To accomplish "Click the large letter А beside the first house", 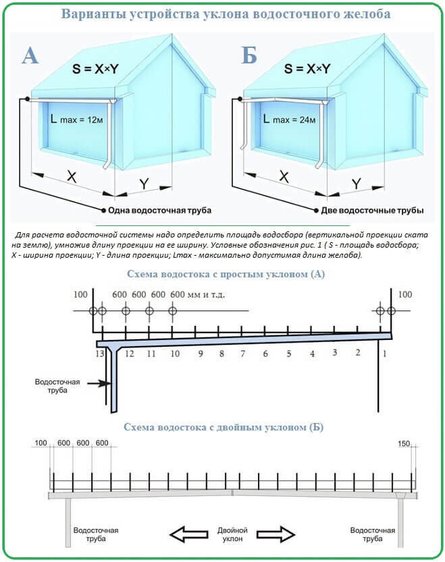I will pyautogui.click(x=30, y=55).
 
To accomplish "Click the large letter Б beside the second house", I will pyautogui.click(x=249, y=55).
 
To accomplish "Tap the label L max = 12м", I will pyautogui.click(x=74, y=119).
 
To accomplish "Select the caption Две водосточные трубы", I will pyautogui.click(x=372, y=210).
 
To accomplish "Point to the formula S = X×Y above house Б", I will pyautogui.click(x=307, y=69).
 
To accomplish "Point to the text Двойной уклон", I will pyautogui.click(x=233, y=535).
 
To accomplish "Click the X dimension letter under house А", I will pyautogui.click(x=72, y=177).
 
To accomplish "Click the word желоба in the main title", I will pyautogui.click(x=359, y=14).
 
